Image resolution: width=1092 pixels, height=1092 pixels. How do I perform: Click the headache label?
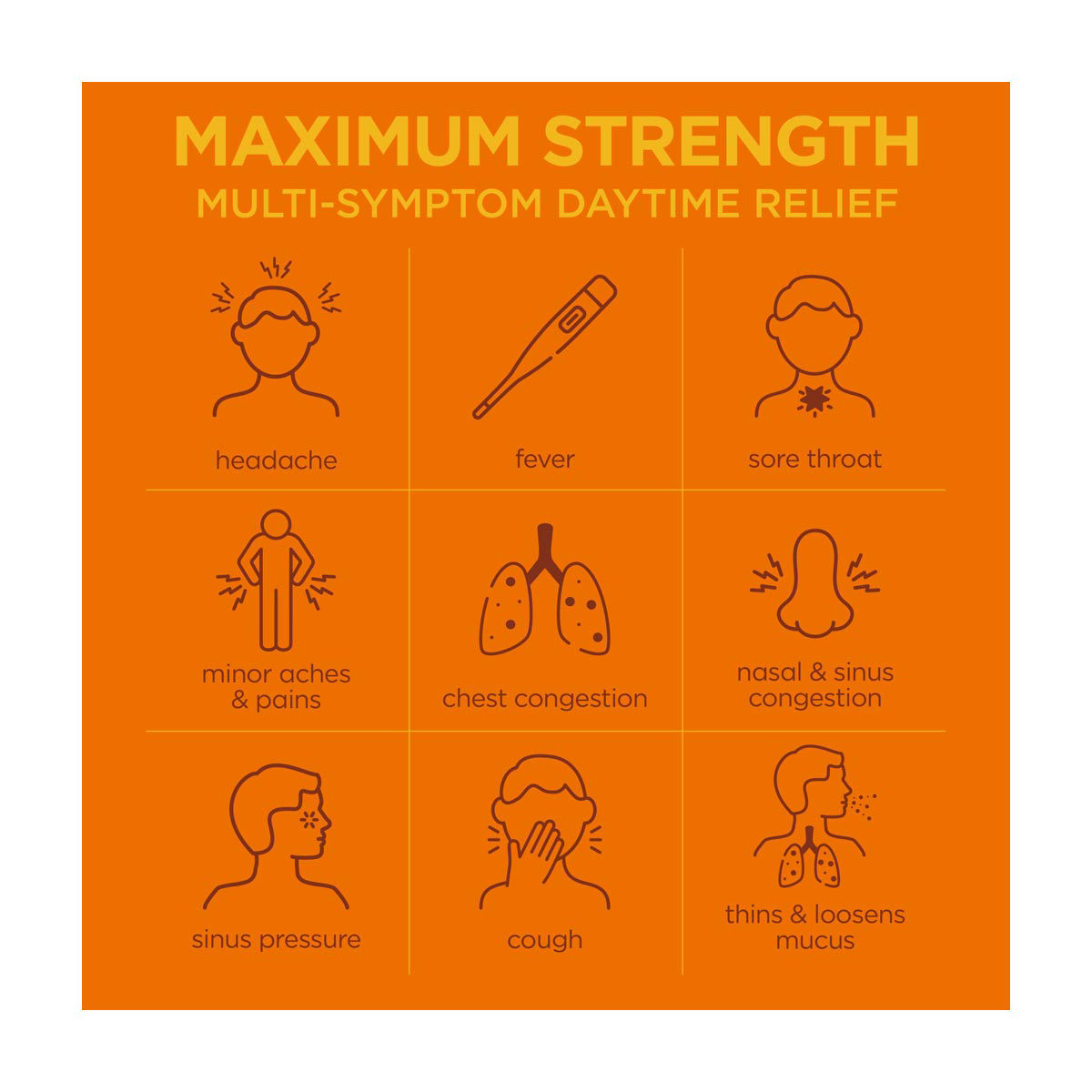coord(276,460)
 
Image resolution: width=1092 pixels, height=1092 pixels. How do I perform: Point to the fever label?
coord(544,459)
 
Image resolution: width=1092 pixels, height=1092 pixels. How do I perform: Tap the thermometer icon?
coord(544,347)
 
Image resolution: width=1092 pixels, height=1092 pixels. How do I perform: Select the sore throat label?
coord(814,459)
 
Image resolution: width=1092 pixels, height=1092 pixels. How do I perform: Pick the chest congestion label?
coord(544,699)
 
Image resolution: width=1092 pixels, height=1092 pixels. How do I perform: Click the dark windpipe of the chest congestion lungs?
coord(544,551)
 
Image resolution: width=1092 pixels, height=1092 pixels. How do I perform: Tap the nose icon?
coord(814,583)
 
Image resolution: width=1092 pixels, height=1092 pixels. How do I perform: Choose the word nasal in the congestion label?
coord(770,672)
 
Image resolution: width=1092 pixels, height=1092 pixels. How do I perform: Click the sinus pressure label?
coord(276,939)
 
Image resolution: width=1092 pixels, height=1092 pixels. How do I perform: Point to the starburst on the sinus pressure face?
coord(308,819)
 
